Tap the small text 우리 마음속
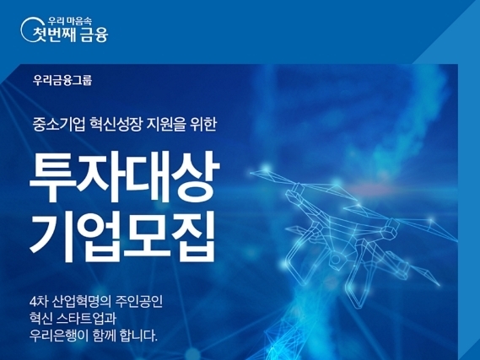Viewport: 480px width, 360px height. tap(69, 21)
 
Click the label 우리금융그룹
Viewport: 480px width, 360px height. tap(62, 81)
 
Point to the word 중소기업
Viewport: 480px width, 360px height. tap(59, 125)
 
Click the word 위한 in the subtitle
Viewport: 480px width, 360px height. tap(203, 125)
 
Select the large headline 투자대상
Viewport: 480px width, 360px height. tap(124, 176)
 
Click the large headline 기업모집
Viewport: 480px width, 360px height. tap(122, 236)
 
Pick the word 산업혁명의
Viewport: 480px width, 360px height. tap(81, 302)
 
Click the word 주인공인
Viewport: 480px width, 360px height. tap(139, 302)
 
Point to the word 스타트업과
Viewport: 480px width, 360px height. tap(87, 319)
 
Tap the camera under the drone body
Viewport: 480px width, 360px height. tap(336, 260)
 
